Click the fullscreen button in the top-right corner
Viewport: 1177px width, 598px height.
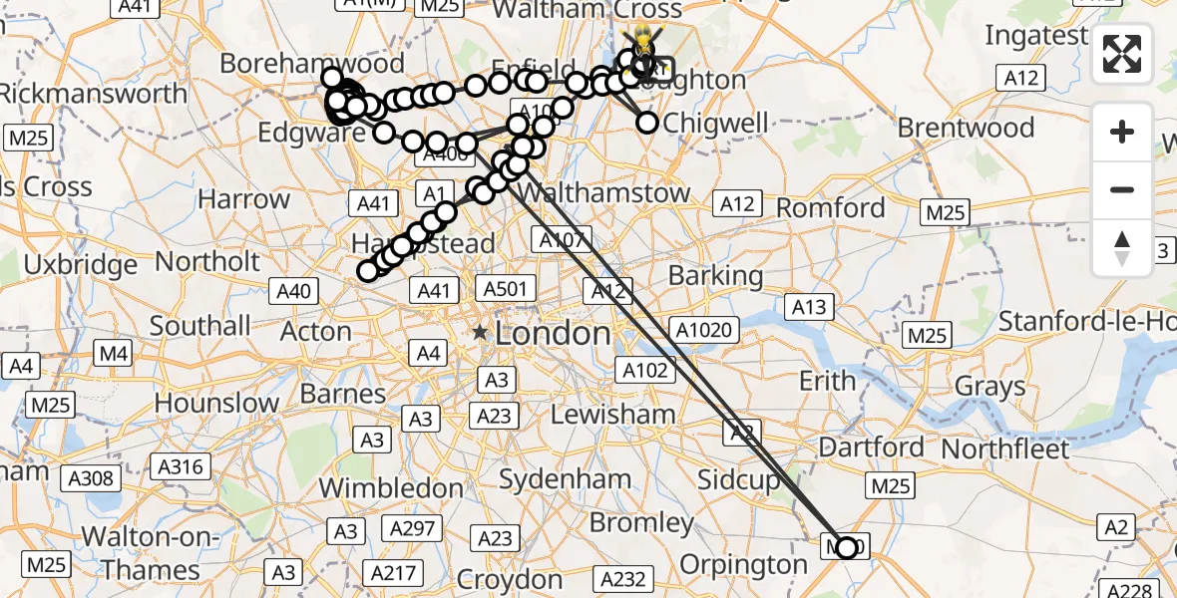coord(1122,55)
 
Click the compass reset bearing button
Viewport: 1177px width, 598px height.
coord(1122,248)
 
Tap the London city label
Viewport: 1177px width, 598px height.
coord(553,333)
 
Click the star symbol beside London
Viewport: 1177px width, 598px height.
coord(481,332)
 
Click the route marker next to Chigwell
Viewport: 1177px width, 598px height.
coord(647,123)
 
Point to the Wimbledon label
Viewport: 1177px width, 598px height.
coord(391,487)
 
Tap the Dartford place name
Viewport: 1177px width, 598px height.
coord(871,447)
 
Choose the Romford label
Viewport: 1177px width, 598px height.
coord(830,208)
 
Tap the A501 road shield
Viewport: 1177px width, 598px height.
coord(505,289)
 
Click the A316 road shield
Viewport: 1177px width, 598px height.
coord(181,465)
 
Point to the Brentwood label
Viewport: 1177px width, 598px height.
coord(966,128)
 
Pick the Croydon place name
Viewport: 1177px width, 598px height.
coord(510,579)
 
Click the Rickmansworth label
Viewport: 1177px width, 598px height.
coord(93,94)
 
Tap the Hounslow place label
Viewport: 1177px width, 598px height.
coord(216,404)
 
